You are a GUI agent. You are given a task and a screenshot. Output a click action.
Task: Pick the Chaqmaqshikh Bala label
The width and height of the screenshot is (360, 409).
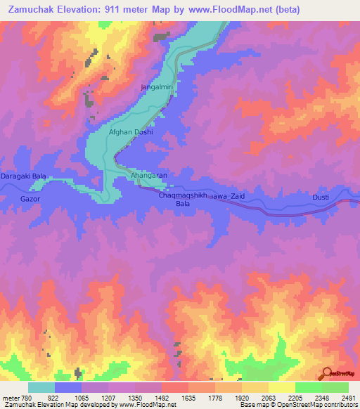tap(183, 200)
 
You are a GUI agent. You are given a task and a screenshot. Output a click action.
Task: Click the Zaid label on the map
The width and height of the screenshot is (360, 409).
tap(234, 196)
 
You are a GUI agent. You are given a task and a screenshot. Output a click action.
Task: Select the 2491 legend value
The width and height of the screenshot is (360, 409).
tap(348, 398)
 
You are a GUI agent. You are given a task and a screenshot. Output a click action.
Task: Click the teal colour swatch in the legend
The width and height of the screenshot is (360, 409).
tap(41, 387)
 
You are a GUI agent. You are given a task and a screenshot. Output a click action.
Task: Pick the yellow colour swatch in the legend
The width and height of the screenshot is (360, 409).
tap(281, 387)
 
